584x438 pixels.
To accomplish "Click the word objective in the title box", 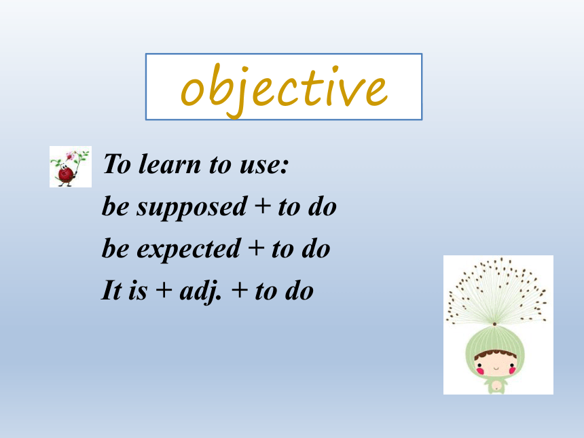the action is pos(284,90).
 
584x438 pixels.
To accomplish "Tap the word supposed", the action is pos(191,208).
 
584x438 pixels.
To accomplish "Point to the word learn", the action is pos(170,164).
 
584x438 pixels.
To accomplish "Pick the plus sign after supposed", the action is pos(263,206).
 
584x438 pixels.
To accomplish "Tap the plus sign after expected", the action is pos(256,248).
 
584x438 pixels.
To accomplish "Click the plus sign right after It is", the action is pos(164,290).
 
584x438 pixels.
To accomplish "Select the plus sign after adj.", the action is pos(240,290).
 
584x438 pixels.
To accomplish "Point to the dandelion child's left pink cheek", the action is pos(480,371).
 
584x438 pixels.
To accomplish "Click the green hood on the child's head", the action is pos(495,341).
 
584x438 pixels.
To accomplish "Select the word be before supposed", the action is pos(115,206).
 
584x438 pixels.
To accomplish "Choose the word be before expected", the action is pos(115,249).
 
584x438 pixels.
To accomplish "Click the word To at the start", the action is pos(117,164).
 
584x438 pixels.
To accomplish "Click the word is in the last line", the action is pos(138,291).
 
